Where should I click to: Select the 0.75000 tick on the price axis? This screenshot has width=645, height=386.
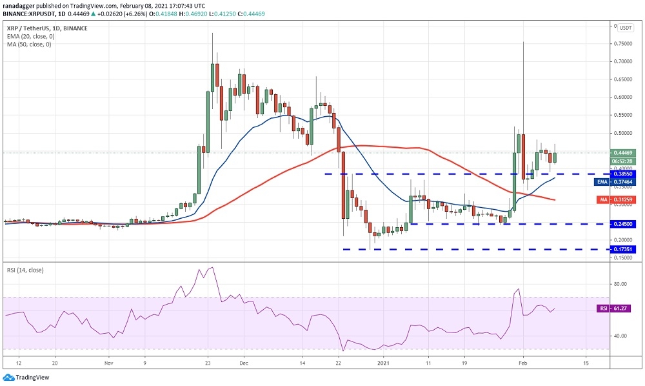pyautogui.click(x=624, y=44)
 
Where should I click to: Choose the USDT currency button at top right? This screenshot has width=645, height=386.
pyautogui.click(x=625, y=27)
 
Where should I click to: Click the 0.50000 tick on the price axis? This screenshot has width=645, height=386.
pyautogui.click(x=624, y=134)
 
